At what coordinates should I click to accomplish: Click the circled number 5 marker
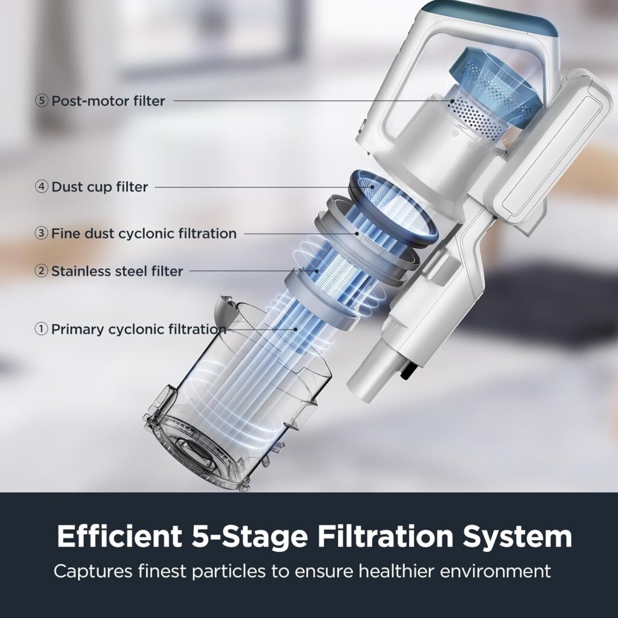point(42,101)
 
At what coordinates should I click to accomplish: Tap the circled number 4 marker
point(42,187)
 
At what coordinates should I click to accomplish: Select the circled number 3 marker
point(42,234)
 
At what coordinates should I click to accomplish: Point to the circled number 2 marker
point(42,272)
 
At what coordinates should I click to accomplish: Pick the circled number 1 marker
point(42,330)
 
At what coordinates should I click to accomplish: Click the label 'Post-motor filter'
point(108,101)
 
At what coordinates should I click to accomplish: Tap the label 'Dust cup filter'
point(100,187)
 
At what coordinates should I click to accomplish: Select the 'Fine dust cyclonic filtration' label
point(144,234)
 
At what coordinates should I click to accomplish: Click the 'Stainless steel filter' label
point(116,272)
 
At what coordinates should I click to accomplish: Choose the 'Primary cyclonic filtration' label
point(138,330)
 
